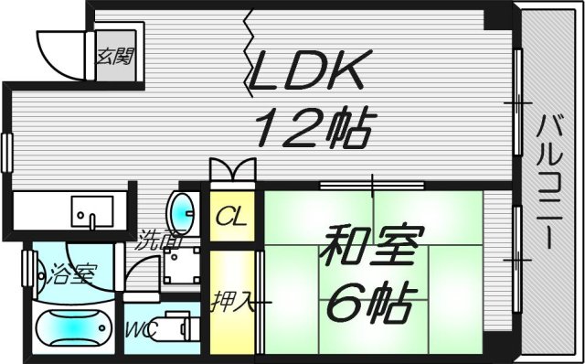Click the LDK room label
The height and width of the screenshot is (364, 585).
[311, 71]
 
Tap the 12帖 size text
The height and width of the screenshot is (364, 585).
[311, 128]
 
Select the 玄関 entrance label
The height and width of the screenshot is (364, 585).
[116, 56]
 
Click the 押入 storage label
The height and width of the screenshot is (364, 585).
[229, 300]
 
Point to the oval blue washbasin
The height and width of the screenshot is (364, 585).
[184, 210]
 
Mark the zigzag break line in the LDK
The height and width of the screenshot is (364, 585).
[249, 59]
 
